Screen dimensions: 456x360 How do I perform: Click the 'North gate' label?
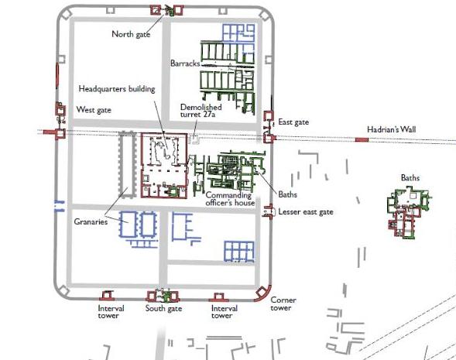(131, 34)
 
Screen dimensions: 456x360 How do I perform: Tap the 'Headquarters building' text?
(117, 89)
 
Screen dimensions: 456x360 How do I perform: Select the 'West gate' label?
(94, 110)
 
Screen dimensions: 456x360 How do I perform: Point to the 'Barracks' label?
(185, 63)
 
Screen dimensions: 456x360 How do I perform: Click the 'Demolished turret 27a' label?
(201, 111)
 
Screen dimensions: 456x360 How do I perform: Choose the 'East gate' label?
(293, 122)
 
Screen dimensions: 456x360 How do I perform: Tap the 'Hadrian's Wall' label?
(392, 129)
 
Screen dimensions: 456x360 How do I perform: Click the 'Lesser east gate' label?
(306, 211)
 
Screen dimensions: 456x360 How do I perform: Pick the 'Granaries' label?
(91, 221)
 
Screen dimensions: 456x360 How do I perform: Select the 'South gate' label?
(163, 308)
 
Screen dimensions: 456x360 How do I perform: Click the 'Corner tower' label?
(283, 304)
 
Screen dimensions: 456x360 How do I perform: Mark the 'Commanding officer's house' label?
(230, 199)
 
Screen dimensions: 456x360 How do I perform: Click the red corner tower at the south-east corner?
(262, 293)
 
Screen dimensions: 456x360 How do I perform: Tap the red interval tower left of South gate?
(107, 296)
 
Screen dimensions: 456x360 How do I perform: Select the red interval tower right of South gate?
(218, 297)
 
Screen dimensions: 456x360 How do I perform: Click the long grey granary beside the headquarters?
(128, 165)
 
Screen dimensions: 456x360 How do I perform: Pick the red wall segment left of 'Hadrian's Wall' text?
(362, 140)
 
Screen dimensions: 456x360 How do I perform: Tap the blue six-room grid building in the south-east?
(239, 252)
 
